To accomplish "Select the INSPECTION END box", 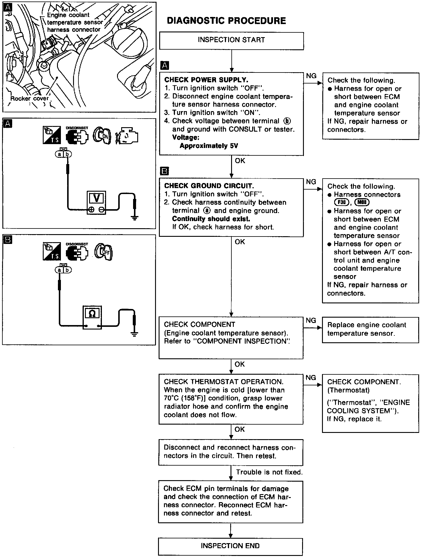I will (230, 546).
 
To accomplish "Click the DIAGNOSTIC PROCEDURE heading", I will (226, 21).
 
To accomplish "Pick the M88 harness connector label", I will (362, 203).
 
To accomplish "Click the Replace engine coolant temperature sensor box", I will (370, 329).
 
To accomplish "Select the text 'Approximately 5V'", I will (209, 146).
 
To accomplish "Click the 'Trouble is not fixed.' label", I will (269, 472).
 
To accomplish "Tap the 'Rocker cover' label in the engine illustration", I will (29, 99).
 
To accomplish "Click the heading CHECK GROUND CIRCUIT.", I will (209, 186).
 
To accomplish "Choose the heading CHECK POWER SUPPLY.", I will (206, 80).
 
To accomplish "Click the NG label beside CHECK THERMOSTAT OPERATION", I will (311, 378).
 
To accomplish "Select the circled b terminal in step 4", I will (287, 121).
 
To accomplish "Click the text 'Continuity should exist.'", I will (211, 219).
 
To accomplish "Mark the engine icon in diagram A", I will (127, 136).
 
